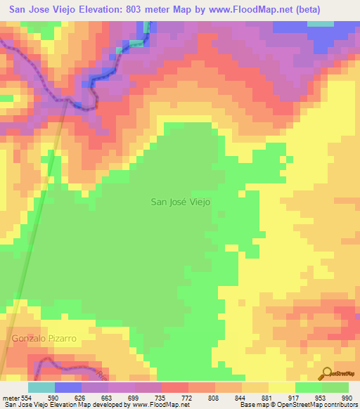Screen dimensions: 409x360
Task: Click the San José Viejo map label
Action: [x=181, y=201]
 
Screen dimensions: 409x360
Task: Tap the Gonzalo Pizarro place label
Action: [x=43, y=339]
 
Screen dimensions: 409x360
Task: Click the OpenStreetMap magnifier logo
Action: [x=327, y=374]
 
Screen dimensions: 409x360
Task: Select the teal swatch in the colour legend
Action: [x=41, y=387]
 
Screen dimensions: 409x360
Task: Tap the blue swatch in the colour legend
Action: [x=68, y=387]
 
